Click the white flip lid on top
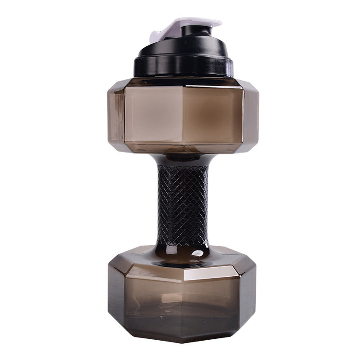click(198, 22)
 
